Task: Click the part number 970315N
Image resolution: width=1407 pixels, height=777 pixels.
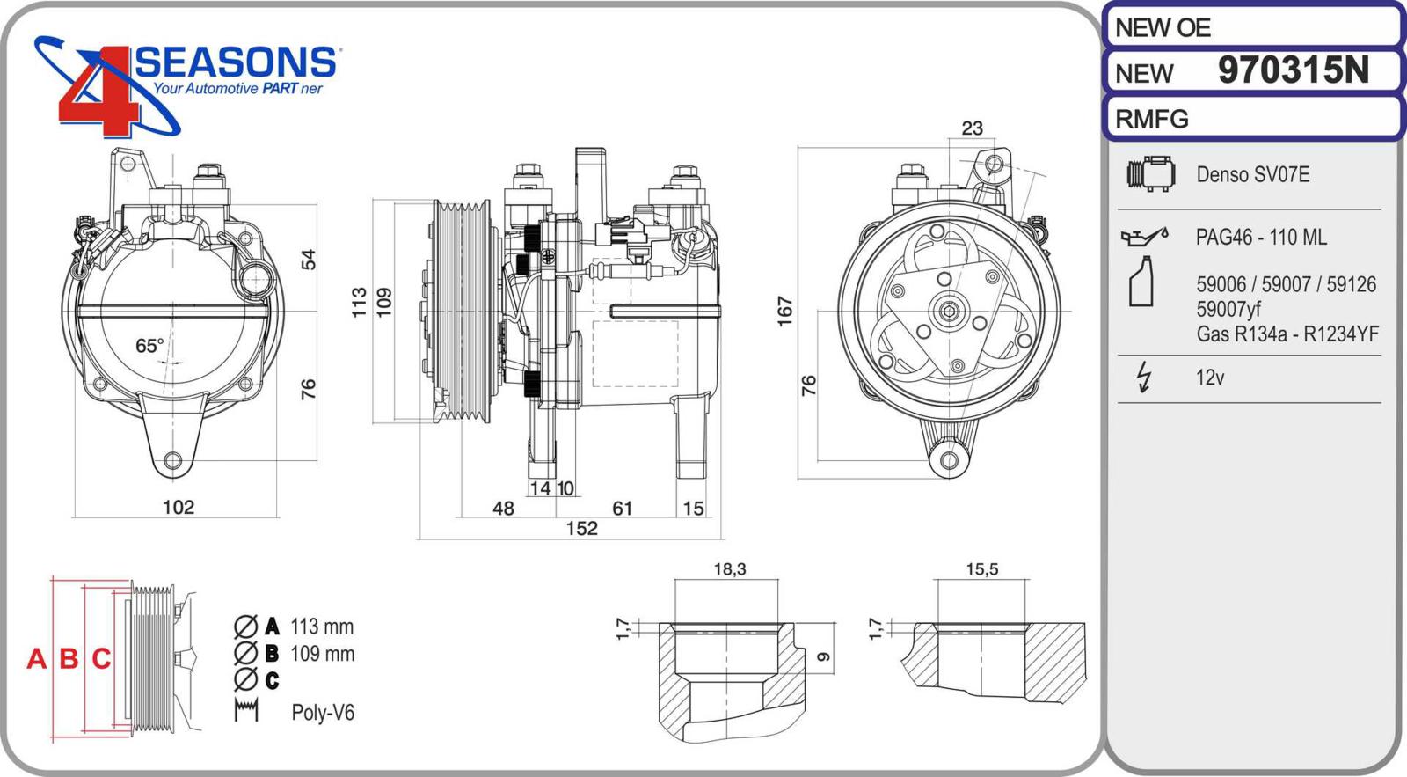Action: click(1293, 70)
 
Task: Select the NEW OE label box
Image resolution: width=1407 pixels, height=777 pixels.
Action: click(1251, 27)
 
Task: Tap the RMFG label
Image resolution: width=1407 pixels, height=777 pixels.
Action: click(1152, 119)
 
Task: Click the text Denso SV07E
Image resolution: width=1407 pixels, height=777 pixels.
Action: click(1252, 174)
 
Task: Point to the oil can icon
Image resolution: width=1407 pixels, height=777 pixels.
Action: click(1144, 236)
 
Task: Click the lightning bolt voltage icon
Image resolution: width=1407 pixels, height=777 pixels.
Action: click(1143, 377)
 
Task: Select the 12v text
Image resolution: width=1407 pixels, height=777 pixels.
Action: click(1210, 378)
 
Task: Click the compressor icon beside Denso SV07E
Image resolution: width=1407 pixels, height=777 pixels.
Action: click(1150, 174)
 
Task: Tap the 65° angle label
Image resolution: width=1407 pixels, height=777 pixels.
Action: click(149, 346)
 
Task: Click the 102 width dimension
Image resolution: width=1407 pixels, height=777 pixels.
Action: click(179, 507)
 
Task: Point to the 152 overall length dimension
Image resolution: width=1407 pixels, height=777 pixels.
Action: click(581, 528)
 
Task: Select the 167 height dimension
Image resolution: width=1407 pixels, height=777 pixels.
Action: click(784, 312)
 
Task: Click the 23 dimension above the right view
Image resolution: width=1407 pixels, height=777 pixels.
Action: click(972, 128)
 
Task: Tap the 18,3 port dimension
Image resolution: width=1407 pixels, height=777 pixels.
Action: click(729, 569)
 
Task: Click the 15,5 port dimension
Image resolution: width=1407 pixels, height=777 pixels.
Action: click(981, 569)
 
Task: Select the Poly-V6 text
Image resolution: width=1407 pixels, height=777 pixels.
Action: click(323, 712)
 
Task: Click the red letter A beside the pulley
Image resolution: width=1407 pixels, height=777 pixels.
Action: click(36, 658)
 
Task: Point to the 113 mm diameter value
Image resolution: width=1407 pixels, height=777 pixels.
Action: click(322, 627)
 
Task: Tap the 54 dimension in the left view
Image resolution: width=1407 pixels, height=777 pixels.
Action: click(308, 260)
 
